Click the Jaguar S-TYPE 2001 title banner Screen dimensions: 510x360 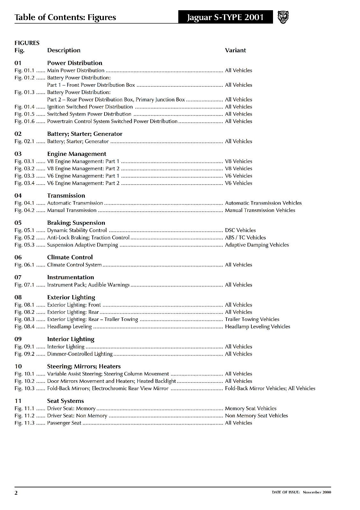[x=226, y=17]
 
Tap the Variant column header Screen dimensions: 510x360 [x=235, y=50]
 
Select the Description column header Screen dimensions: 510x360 [x=64, y=50]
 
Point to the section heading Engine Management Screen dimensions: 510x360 [x=76, y=154]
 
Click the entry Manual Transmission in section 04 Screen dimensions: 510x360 [x=72, y=210]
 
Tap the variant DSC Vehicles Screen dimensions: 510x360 [x=240, y=230]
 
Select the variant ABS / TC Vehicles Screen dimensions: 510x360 [x=245, y=238]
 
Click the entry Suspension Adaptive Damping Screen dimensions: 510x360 [x=83, y=245]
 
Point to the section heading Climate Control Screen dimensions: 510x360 [x=70, y=258]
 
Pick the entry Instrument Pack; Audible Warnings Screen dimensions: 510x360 [x=88, y=285]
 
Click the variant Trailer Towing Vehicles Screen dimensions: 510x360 [x=252, y=319]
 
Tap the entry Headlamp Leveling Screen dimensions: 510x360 [x=69, y=327]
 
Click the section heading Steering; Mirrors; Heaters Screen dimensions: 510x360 [x=84, y=367]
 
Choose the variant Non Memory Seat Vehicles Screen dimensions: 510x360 [x=256, y=416]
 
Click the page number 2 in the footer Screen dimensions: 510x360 [x=16, y=493]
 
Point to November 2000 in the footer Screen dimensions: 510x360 [x=317, y=492]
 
